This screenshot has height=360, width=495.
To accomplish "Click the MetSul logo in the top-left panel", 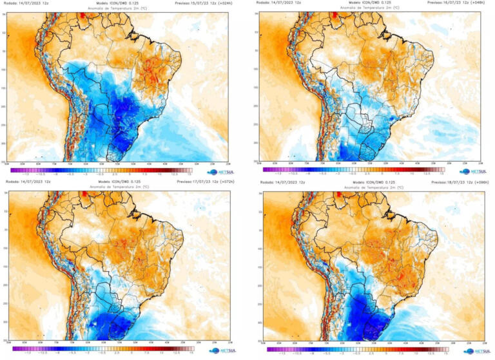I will coord(218,172).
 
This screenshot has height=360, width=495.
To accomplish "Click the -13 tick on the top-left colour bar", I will coord(26,174).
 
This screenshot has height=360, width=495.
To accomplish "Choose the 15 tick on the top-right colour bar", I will coord(442,174).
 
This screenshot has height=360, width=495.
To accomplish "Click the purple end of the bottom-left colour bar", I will coord(14,348).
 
